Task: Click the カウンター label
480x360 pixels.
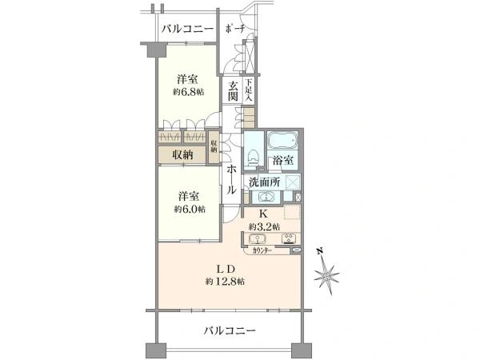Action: tap(262, 250)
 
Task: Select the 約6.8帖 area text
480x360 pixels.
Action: tap(190, 92)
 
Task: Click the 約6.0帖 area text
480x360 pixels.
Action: tap(190, 209)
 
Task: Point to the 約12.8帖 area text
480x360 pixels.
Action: tap(224, 281)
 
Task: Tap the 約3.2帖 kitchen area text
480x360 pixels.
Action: tap(263, 226)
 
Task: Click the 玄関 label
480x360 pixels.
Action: tap(232, 90)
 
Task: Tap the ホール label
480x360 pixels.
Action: tap(230, 179)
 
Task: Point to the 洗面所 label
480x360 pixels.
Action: tap(264, 182)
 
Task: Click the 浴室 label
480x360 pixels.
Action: tap(283, 161)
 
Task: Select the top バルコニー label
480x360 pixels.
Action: tap(186, 30)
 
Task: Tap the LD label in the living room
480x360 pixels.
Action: tap(224, 266)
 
